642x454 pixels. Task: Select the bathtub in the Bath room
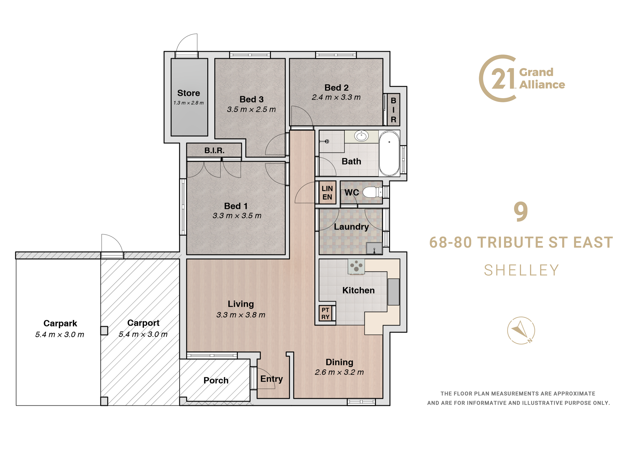(389, 153)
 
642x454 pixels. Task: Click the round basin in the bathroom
(362, 136)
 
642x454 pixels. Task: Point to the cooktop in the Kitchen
(356, 267)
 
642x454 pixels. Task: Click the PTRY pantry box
(325, 313)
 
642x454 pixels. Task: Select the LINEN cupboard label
(327, 193)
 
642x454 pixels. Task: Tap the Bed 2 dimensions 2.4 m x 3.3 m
(336, 97)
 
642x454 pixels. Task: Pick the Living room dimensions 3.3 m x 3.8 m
(241, 315)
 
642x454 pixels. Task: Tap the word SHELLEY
(521, 270)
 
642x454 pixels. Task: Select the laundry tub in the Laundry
(374, 248)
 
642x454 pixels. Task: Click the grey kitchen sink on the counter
(393, 292)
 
